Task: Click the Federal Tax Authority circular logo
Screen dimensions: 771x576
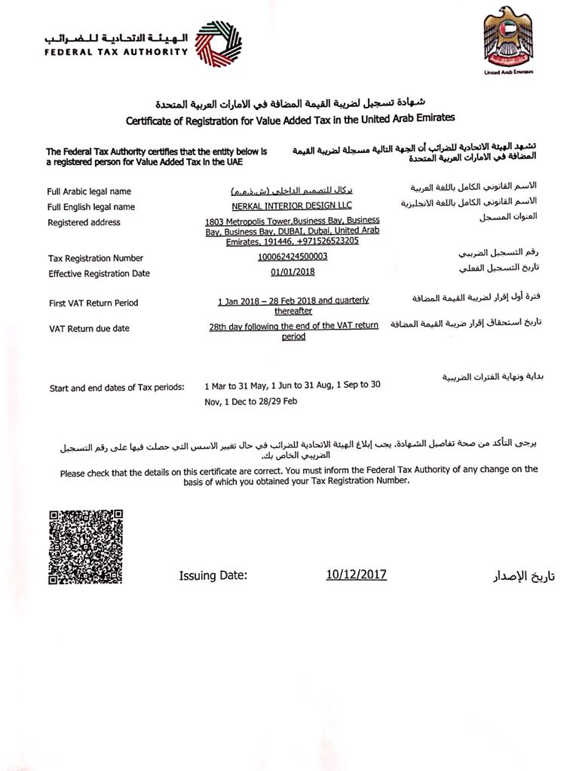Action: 219,44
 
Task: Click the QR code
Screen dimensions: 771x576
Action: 85,547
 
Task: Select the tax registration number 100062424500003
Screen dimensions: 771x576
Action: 293,258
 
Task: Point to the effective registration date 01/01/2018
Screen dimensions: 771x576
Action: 293,272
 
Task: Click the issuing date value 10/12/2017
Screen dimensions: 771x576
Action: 356,574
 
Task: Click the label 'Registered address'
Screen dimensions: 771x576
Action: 84,222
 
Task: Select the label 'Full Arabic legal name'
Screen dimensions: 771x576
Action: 89,192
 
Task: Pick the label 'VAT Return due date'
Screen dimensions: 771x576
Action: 89,328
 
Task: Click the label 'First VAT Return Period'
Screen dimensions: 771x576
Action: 93,303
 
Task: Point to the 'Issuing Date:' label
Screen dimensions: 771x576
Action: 213,576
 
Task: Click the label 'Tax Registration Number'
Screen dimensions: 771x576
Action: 95,258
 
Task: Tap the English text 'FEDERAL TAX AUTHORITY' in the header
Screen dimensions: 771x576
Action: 115,52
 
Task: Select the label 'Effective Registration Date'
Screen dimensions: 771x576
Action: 99,273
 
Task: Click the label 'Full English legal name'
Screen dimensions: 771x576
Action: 90,207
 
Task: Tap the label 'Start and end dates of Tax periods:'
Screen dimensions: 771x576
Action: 117,388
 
